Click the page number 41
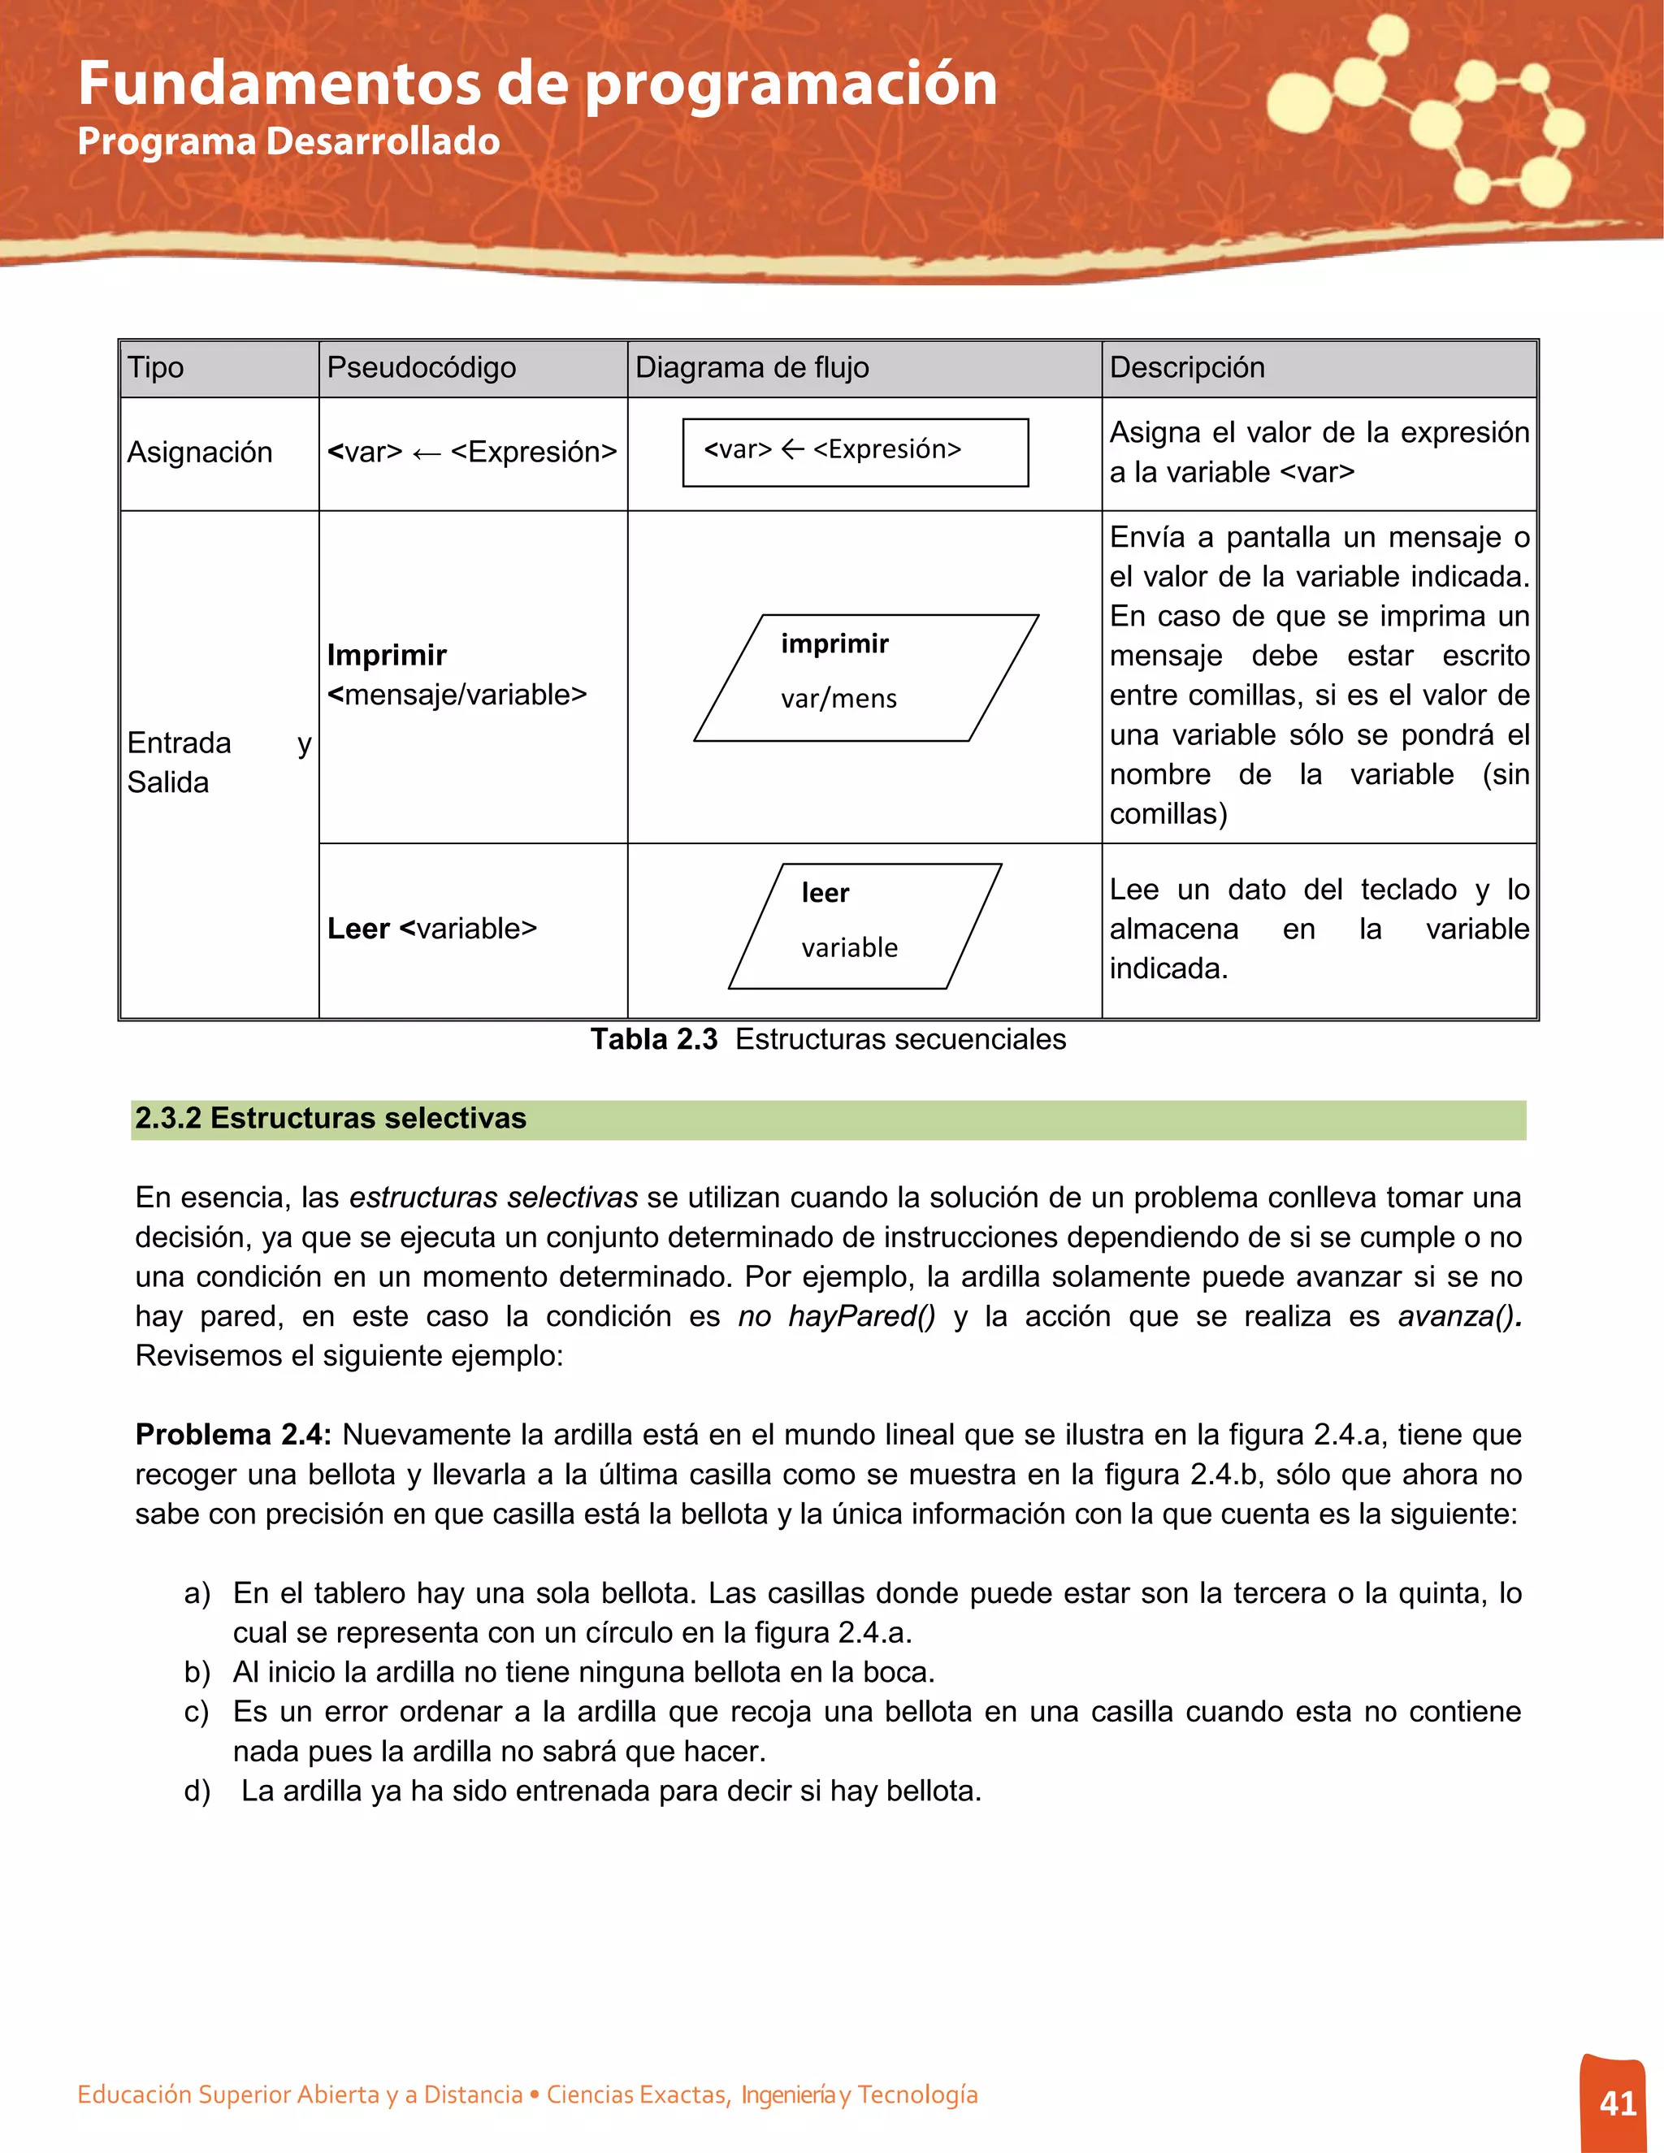1618,2103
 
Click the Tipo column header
156,368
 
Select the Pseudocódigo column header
421,368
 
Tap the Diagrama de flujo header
752,368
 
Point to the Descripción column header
1186,368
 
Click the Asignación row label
200,453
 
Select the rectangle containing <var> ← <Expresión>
855,453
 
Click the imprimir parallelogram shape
865,678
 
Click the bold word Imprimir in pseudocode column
387,656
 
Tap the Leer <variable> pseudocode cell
431,929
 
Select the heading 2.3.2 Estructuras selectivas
330,1118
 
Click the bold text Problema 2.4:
232,1434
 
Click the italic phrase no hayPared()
836,1316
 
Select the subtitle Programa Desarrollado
288,141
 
